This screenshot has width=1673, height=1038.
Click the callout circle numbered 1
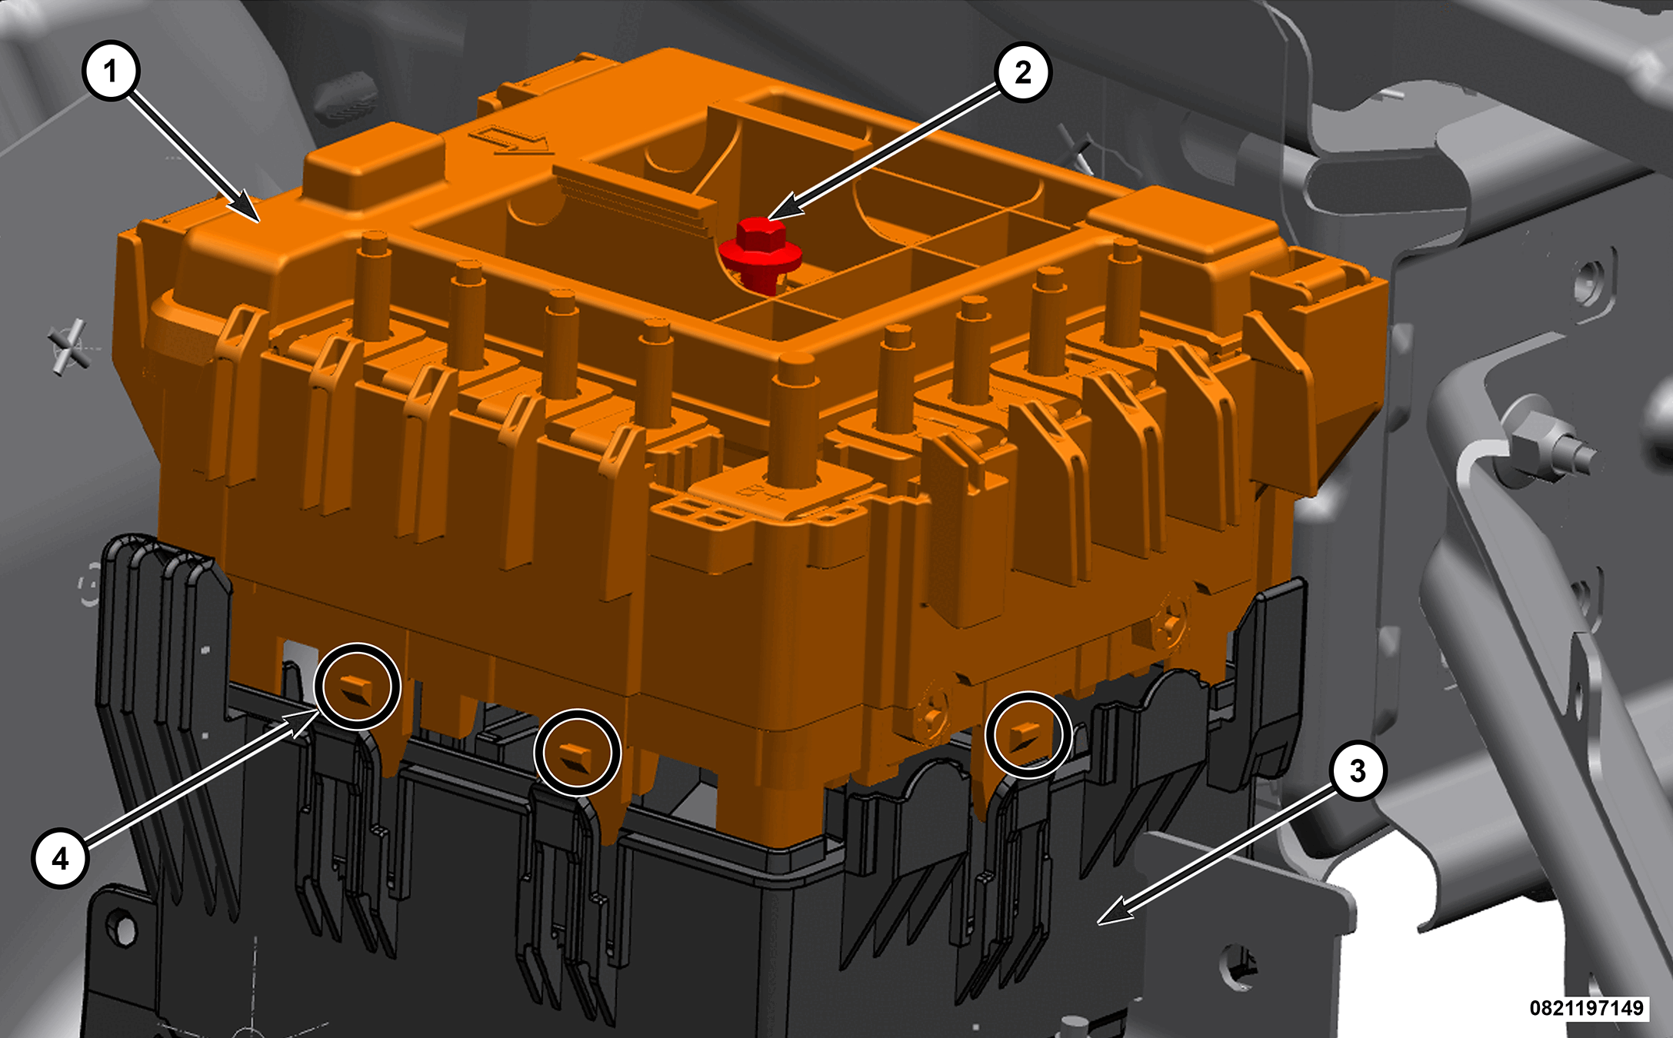coord(111,72)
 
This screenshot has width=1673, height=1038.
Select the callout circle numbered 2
coord(1022,72)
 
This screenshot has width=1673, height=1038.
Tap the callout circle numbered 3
coord(1358,770)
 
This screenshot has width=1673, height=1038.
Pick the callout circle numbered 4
coord(61,858)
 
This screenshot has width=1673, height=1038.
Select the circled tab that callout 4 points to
coord(358,687)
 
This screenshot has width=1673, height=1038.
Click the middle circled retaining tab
coord(577,753)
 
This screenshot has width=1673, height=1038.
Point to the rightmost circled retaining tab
coord(1028,734)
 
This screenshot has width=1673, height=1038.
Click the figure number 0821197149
coord(1586,1007)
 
